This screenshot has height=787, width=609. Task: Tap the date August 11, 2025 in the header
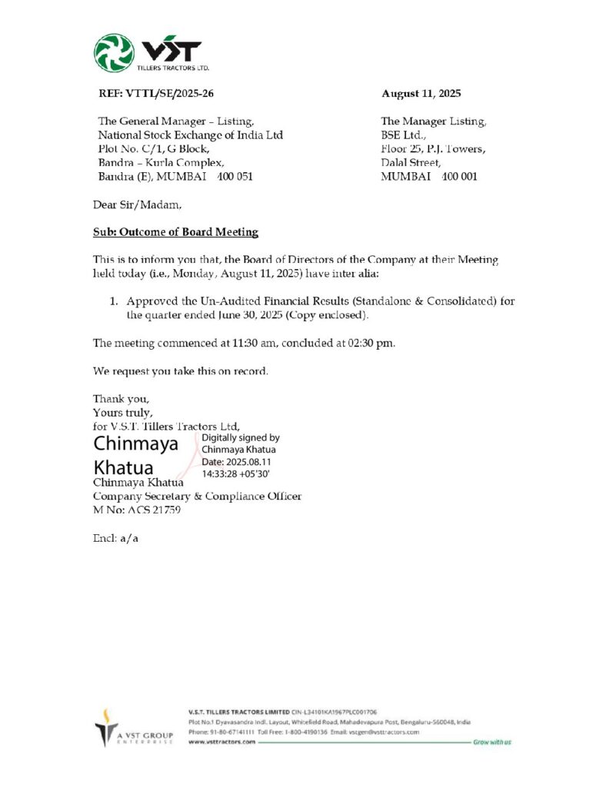point(421,94)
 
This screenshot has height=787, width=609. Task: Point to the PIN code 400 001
point(459,176)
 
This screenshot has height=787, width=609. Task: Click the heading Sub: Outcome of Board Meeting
point(175,232)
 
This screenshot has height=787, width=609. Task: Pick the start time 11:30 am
point(238,343)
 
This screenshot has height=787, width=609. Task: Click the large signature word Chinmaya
point(136,443)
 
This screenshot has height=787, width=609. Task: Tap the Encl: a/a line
point(115,538)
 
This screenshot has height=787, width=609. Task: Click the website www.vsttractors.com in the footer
point(221,742)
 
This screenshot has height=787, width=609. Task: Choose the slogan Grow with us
point(492,742)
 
